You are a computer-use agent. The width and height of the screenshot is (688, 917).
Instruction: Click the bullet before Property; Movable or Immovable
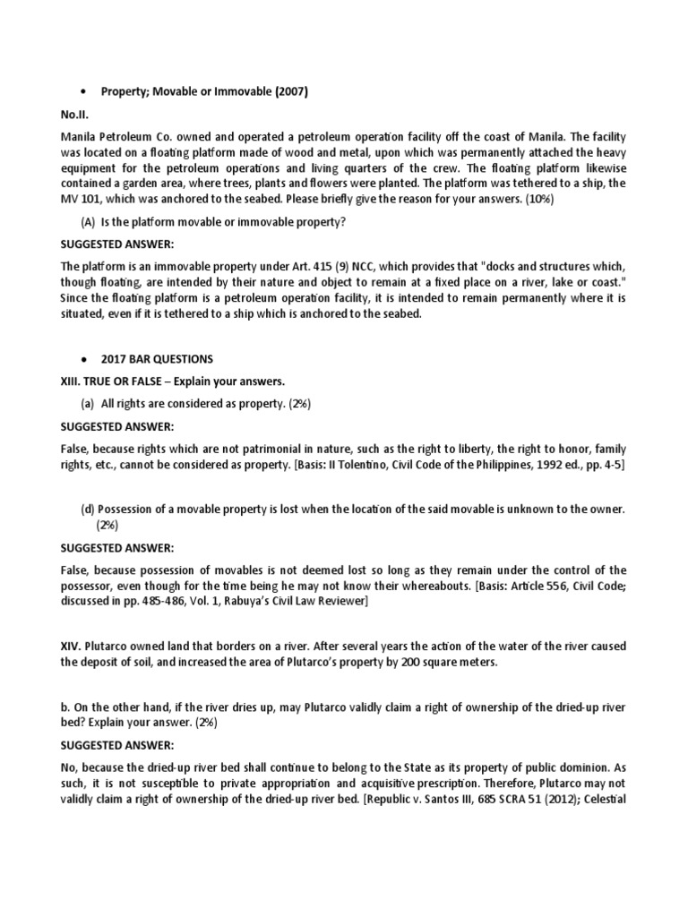tap(82, 90)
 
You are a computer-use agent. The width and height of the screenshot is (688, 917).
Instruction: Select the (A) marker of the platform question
tap(90, 223)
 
